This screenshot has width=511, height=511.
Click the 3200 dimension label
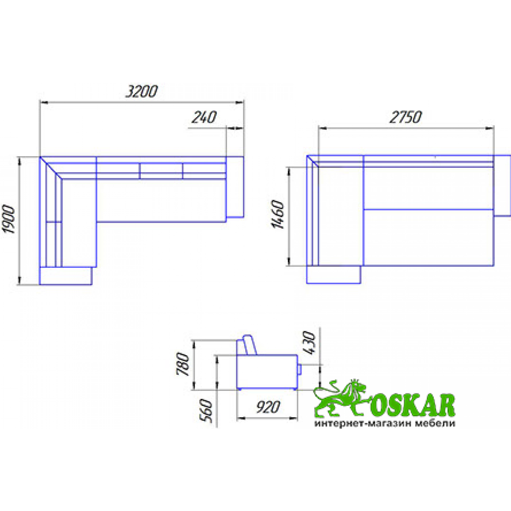141,92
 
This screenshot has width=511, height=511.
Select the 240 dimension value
204,117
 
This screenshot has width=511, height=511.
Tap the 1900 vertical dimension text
9,219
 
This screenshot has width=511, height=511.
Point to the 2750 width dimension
405,117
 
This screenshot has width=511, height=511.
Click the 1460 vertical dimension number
278,214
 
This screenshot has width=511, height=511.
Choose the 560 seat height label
206,411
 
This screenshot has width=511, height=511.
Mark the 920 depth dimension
268,407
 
